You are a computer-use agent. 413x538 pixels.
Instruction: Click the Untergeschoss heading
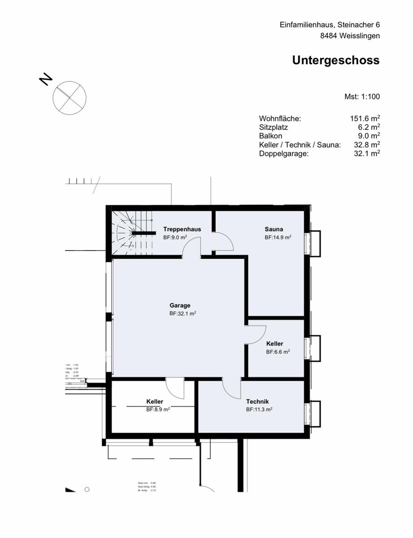[x=336, y=61]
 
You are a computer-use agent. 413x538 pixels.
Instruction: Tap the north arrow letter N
[x=45, y=79]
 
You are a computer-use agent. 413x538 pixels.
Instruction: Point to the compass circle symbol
[x=69, y=97]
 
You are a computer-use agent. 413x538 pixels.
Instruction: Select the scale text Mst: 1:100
[x=362, y=96]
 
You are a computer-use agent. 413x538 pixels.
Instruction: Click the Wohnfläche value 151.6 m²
[x=365, y=119]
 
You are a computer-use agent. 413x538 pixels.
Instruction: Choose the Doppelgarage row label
[x=284, y=153]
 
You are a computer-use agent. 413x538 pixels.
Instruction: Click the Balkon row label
[x=271, y=136]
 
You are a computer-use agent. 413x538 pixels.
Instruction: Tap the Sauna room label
[x=274, y=229]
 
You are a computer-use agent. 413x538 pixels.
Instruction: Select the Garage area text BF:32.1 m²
[x=183, y=314]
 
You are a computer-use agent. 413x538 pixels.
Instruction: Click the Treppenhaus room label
[x=182, y=229]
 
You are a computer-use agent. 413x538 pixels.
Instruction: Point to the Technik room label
[x=257, y=402]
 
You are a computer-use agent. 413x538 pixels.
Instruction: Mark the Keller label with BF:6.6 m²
[x=275, y=343]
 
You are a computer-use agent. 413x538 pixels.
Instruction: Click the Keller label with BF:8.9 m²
[x=155, y=401]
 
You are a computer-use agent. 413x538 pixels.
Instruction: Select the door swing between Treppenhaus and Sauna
[x=223, y=243]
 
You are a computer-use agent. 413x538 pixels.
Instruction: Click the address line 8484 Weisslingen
[x=350, y=36]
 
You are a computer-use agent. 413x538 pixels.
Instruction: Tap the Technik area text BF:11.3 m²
[x=259, y=409]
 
